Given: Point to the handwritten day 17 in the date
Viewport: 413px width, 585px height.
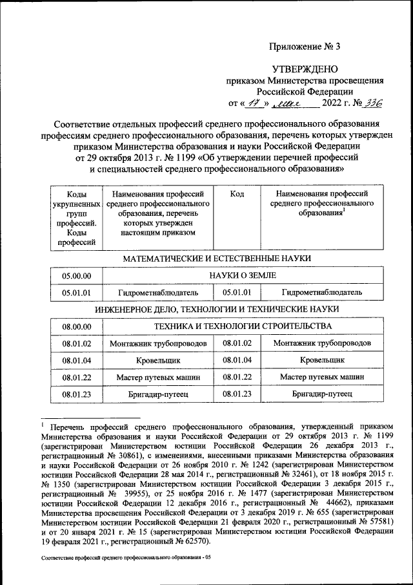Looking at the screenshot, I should [x=250, y=103].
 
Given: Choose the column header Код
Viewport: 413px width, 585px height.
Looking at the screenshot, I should [x=237, y=193].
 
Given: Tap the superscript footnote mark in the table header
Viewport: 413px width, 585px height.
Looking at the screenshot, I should [x=344, y=209].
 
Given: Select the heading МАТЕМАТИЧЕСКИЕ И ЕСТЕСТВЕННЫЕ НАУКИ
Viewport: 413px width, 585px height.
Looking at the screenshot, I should [x=217, y=259].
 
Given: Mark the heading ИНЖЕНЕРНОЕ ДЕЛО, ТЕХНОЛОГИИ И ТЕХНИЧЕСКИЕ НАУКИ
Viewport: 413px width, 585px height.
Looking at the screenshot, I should [x=217, y=310].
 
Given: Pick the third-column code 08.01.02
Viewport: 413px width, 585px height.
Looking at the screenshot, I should [x=237, y=343].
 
